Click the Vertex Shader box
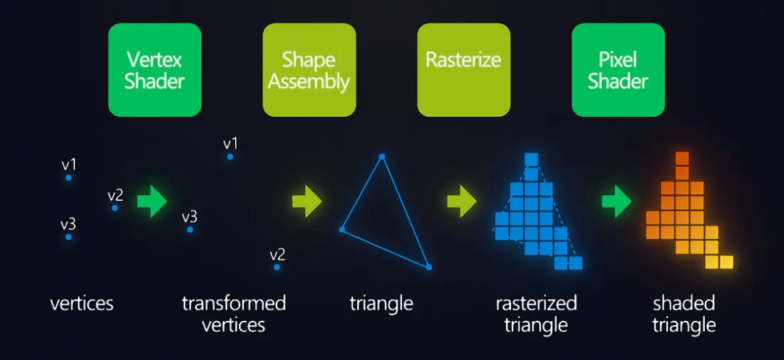pos(155,70)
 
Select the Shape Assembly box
pos(309,70)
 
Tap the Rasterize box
pos(463,70)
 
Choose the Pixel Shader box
pos(618,70)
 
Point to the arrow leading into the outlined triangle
pos(307,201)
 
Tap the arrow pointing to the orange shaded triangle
pos(616,201)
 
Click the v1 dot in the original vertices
pos(69,177)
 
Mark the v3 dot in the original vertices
pos(69,237)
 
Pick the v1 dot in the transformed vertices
pos(230,156)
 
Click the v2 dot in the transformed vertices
pos(277,267)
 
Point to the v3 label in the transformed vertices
pos(189,216)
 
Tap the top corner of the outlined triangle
pos(382,156)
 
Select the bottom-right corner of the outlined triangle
pos(428,267)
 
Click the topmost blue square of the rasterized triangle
pos(531,159)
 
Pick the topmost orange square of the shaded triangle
pos(682,158)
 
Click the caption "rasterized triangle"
pos(536,313)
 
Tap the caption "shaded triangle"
pos(684,313)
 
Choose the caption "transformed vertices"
pos(234,313)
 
